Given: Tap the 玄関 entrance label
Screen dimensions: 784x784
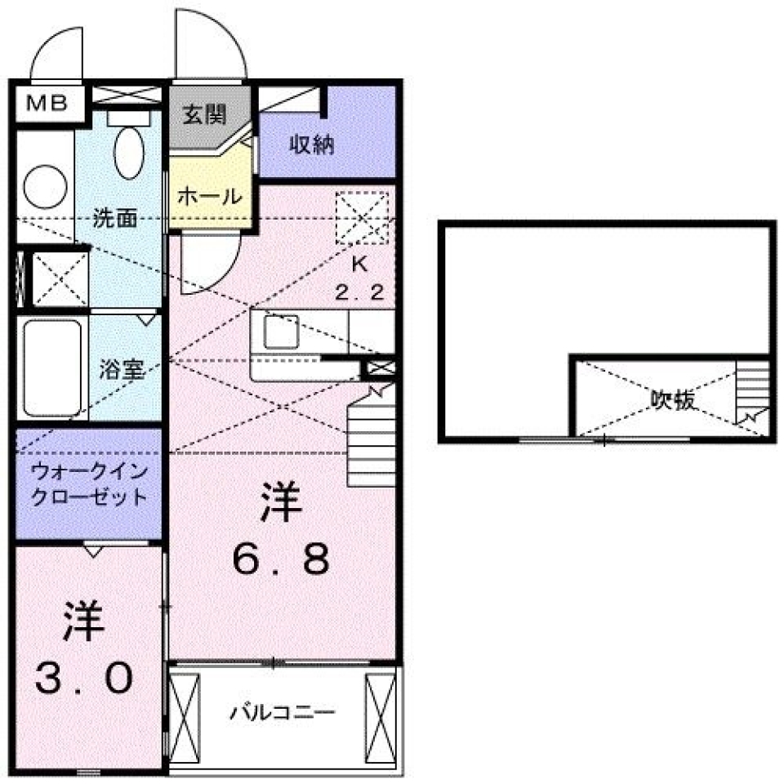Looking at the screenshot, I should (x=203, y=114).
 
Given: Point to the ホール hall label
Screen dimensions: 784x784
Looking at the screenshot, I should (x=209, y=196).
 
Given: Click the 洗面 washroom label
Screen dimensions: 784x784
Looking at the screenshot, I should (x=114, y=218).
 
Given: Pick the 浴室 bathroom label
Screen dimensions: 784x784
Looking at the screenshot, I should (x=122, y=369).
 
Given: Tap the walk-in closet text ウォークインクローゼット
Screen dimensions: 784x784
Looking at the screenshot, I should (x=89, y=483).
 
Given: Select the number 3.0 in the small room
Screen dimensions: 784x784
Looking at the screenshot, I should (x=82, y=676).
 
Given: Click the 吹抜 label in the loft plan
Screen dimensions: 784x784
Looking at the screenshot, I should (x=673, y=399).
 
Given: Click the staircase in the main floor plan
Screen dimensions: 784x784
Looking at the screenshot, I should (x=371, y=433).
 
